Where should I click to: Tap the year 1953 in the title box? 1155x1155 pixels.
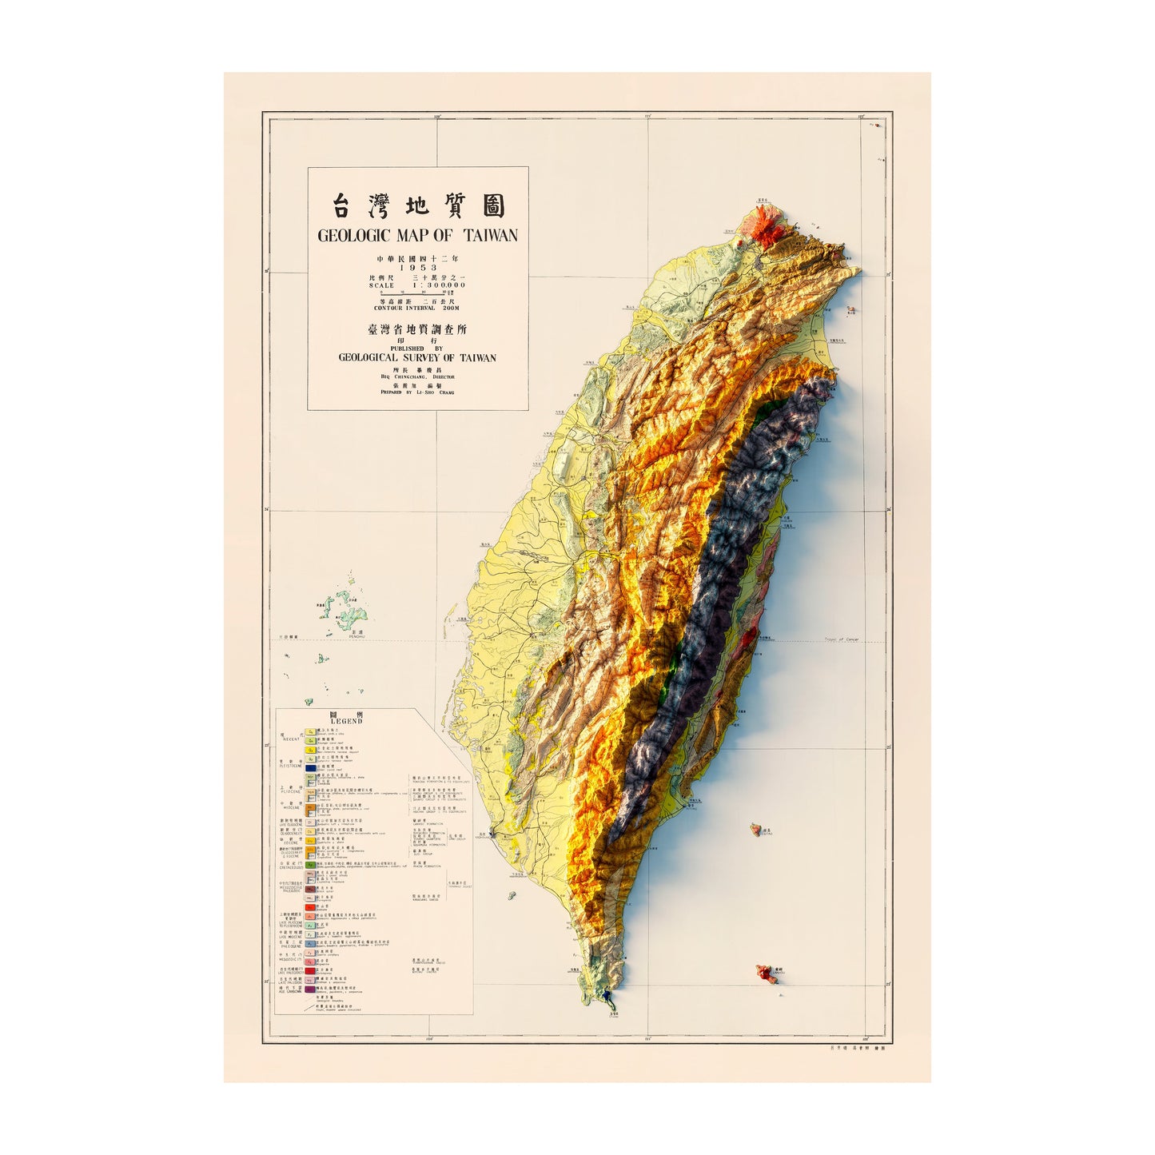pos(418,268)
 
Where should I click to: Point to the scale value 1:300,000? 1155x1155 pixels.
pos(438,285)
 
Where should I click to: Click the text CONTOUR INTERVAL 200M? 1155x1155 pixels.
pos(417,308)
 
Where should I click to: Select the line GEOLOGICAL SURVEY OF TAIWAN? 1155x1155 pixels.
pos(417,357)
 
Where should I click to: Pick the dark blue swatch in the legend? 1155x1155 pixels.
pos(310,767)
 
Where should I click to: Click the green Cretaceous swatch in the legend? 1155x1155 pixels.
pos(310,866)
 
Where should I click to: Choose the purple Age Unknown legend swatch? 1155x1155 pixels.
pos(310,990)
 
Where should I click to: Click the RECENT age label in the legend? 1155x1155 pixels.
pos(290,739)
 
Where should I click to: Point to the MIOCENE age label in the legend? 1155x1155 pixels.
pos(290,808)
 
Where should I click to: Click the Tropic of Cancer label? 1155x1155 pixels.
pos(841,639)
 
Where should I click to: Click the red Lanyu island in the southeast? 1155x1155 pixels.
pos(767,973)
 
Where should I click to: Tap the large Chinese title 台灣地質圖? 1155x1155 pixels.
pos(418,207)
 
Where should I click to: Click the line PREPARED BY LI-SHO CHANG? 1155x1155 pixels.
pos(417,392)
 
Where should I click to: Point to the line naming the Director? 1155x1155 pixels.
pos(417,376)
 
